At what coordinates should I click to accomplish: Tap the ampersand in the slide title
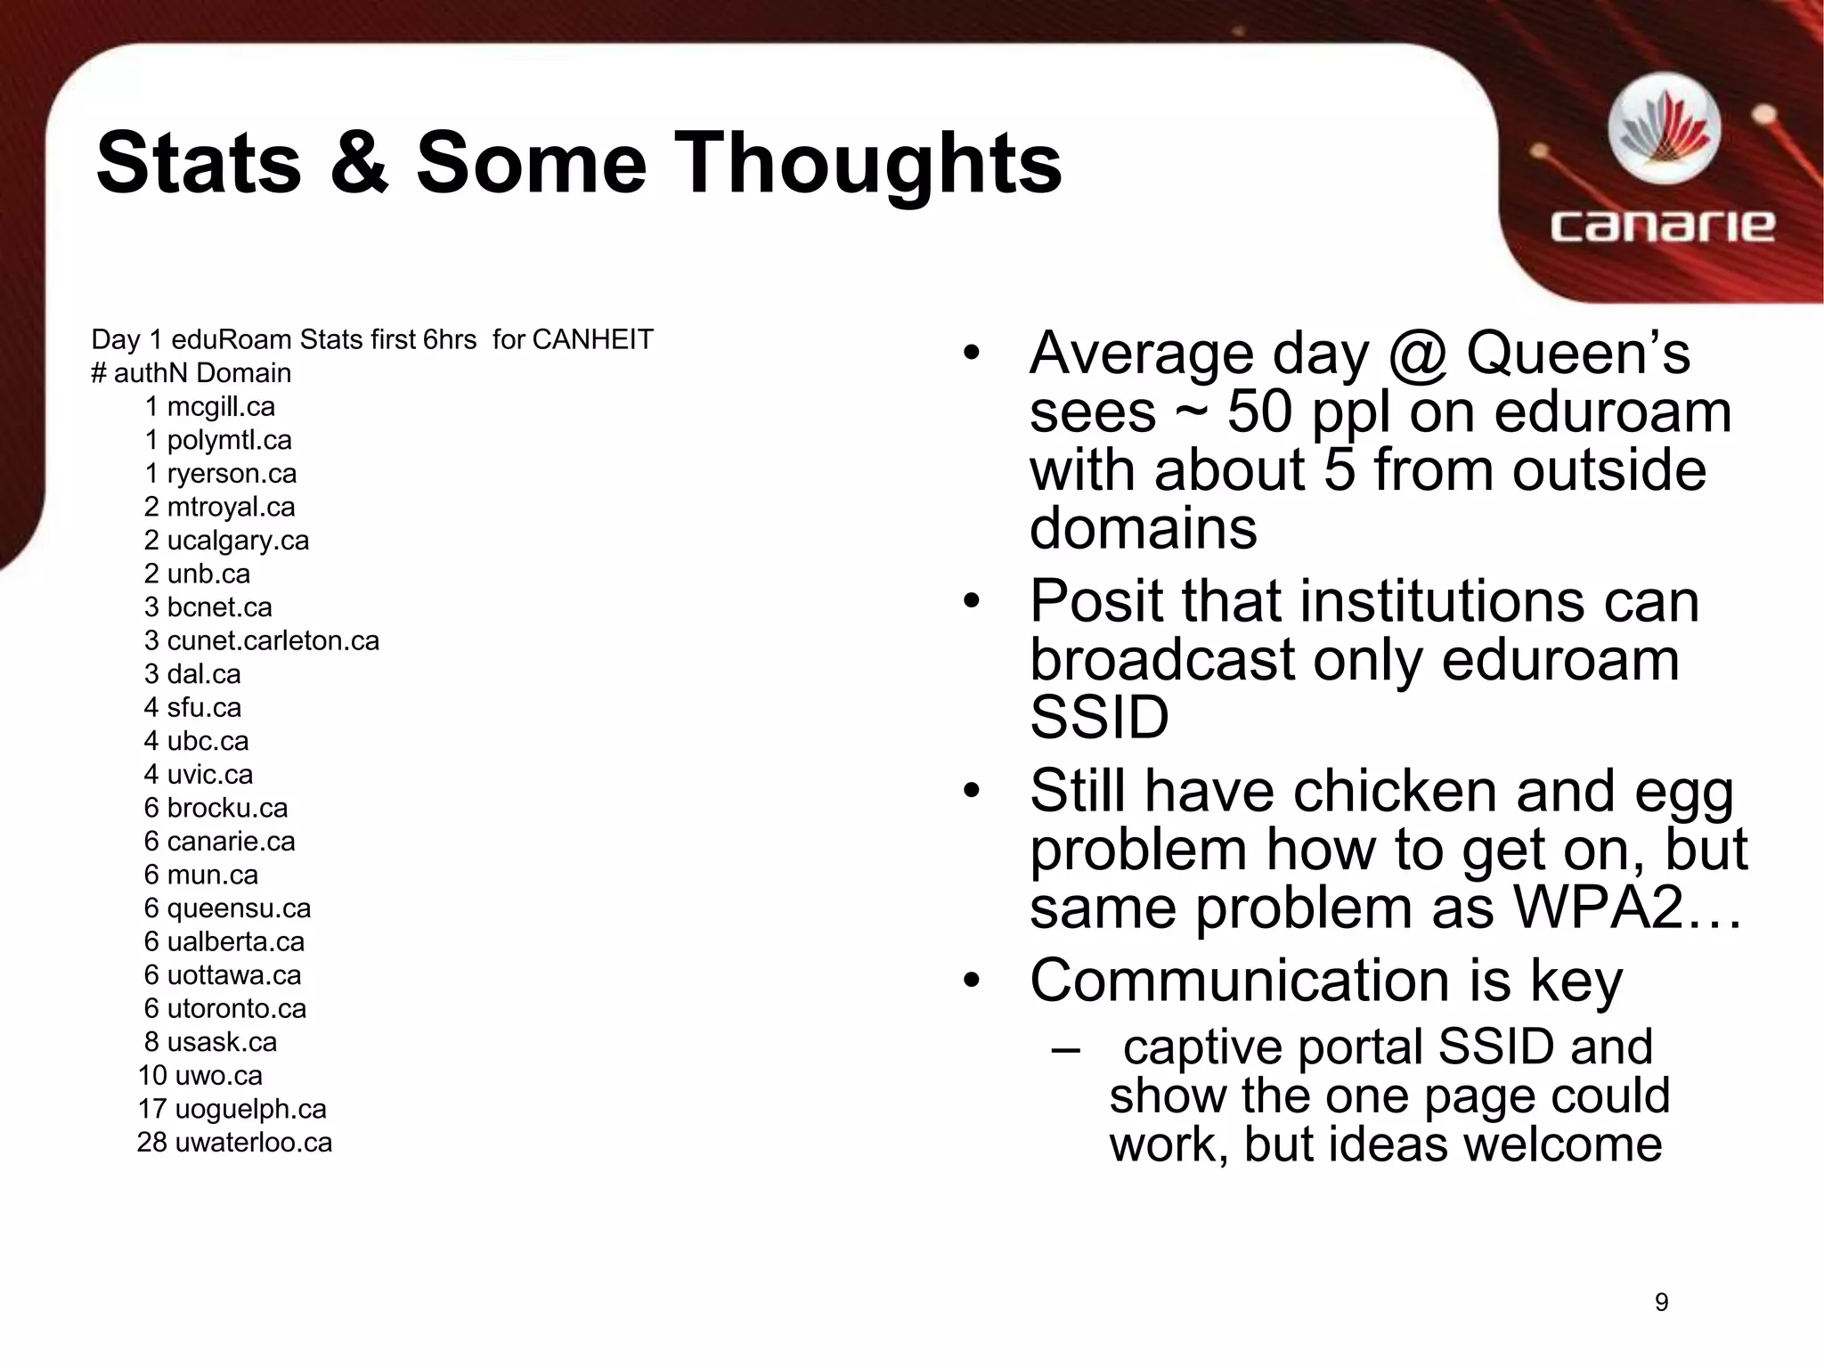click(x=359, y=163)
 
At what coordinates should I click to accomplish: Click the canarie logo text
click(x=1662, y=226)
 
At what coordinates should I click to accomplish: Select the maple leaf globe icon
click(x=1664, y=130)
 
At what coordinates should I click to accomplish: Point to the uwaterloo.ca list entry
click(x=253, y=1143)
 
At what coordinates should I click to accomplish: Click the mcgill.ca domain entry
click(x=221, y=407)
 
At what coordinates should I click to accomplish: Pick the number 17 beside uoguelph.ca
click(x=152, y=1109)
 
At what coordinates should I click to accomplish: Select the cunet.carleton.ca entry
click(x=273, y=641)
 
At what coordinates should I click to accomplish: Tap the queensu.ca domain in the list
click(x=239, y=908)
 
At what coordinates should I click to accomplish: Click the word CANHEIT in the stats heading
click(x=592, y=340)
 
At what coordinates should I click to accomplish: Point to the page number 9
click(x=1661, y=1302)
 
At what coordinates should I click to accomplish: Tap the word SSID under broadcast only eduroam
click(x=1099, y=718)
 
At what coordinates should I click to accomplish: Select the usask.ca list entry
click(x=222, y=1042)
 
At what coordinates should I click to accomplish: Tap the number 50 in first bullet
click(x=1259, y=412)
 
